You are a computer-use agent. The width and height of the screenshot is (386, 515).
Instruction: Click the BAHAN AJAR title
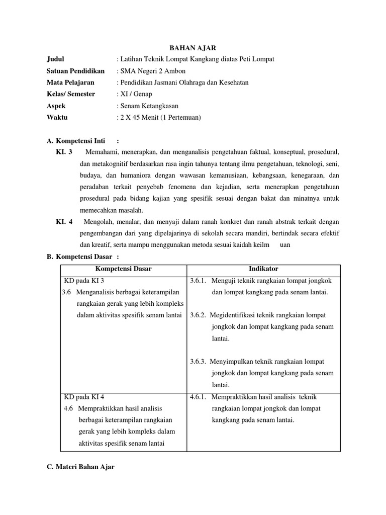[x=193, y=48]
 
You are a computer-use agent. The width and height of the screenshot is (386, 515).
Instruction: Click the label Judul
[x=55, y=59]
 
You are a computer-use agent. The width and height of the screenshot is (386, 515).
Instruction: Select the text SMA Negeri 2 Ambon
[x=145, y=71]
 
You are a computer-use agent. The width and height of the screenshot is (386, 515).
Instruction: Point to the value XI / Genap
[x=135, y=94]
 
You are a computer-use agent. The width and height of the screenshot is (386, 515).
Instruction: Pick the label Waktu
[x=57, y=117]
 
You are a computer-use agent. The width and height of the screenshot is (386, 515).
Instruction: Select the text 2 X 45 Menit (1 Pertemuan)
[x=159, y=117]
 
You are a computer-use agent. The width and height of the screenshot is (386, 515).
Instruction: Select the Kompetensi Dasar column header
[x=123, y=269]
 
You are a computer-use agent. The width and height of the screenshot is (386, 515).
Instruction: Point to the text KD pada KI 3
[x=83, y=280]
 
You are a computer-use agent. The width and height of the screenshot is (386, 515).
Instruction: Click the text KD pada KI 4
[x=83, y=397]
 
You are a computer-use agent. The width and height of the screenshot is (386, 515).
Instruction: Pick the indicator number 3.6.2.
[x=199, y=315]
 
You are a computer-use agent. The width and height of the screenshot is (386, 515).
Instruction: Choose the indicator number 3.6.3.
[x=199, y=362]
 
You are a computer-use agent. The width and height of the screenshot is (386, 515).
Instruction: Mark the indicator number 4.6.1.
[x=199, y=397]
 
